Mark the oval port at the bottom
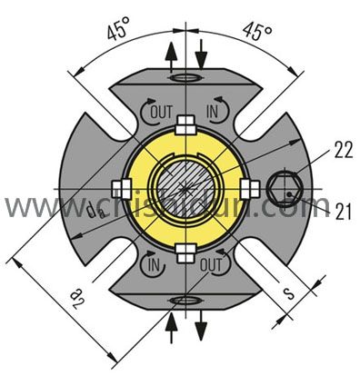click(185, 297)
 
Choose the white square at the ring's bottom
click(185, 251)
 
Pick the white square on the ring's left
click(119, 188)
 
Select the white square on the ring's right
click(248, 188)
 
